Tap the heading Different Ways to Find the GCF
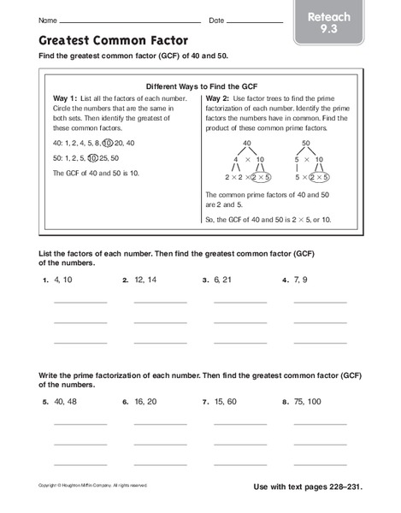(x=201, y=86)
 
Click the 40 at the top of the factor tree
(x=248, y=143)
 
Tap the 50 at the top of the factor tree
(x=306, y=143)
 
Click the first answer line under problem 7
(x=239, y=423)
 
